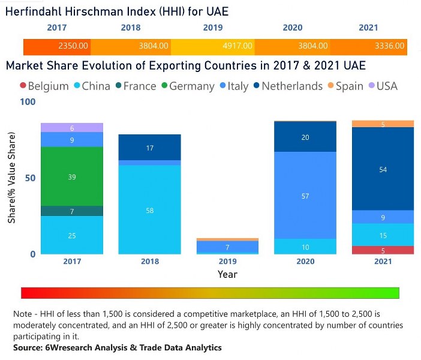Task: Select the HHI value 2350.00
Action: [x=74, y=46]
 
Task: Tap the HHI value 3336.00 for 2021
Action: [x=390, y=46]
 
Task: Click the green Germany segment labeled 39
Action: [x=72, y=176]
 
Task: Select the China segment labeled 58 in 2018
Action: [x=149, y=210]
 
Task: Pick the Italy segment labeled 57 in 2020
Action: [x=305, y=196]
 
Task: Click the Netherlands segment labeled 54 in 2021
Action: [x=383, y=169]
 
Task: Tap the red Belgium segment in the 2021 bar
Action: [x=383, y=250]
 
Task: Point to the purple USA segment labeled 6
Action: [x=72, y=128]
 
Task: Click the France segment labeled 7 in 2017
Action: [x=72, y=211]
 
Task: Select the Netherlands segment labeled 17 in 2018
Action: [x=149, y=148]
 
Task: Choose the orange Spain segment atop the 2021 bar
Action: [x=383, y=124]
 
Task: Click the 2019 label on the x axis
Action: [x=228, y=262]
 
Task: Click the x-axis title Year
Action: [x=228, y=274]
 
